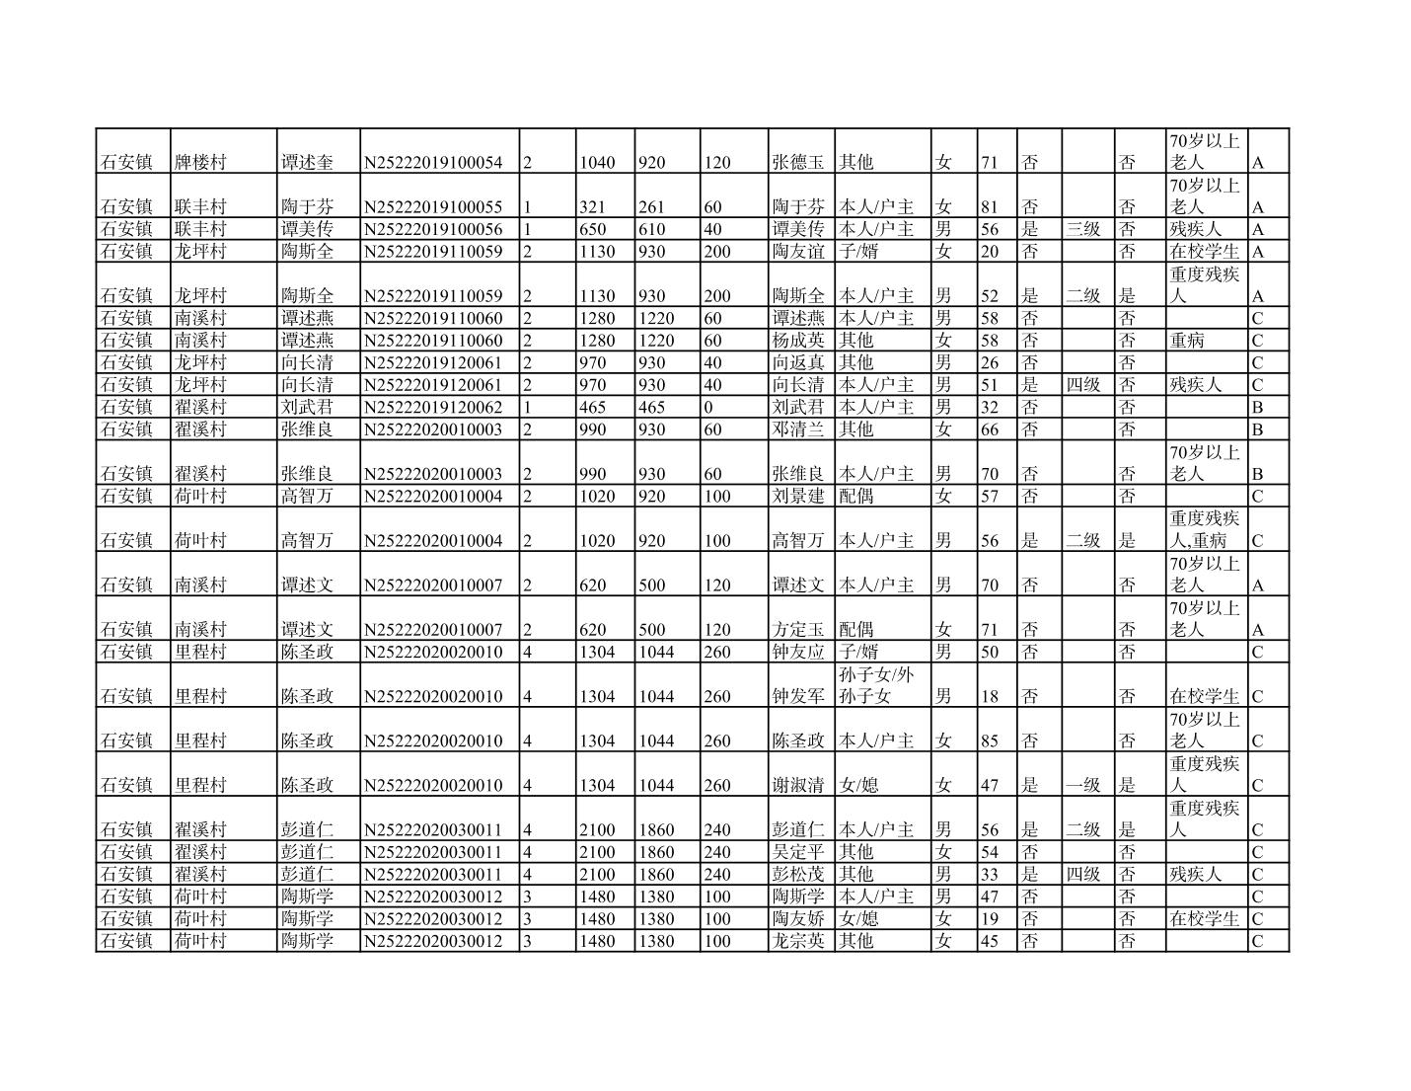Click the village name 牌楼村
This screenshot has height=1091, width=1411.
[x=200, y=162]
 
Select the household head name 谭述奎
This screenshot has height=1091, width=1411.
[x=307, y=162]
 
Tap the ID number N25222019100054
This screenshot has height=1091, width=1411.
[x=433, y=162]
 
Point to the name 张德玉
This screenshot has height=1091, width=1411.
[x=798, y=162]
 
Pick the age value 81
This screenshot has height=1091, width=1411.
[x=990, y=207]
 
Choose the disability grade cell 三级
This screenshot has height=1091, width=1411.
[x=1082, y=229]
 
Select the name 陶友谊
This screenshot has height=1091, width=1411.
[x=798, y=252]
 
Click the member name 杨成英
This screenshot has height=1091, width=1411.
[x=798, y=341]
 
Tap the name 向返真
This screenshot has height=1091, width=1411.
[x=798, y=362]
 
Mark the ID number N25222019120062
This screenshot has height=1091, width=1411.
[x=433, y=407]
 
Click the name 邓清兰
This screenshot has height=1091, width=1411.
[x=798, y=429]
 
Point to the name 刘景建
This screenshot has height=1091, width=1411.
[x=798, y=496]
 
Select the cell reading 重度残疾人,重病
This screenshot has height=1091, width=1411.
[x=1204, y=529]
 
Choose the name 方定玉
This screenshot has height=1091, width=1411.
[x=798, y=630]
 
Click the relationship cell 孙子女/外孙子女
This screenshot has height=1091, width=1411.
[x=876, y=685]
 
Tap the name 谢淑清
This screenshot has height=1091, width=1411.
[x=798, y=786]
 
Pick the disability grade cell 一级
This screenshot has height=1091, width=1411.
[x=1082, y=786]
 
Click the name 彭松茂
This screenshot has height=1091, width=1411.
[x=798, y=875]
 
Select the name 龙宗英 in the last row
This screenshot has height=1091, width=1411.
[x=798, y=941]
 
